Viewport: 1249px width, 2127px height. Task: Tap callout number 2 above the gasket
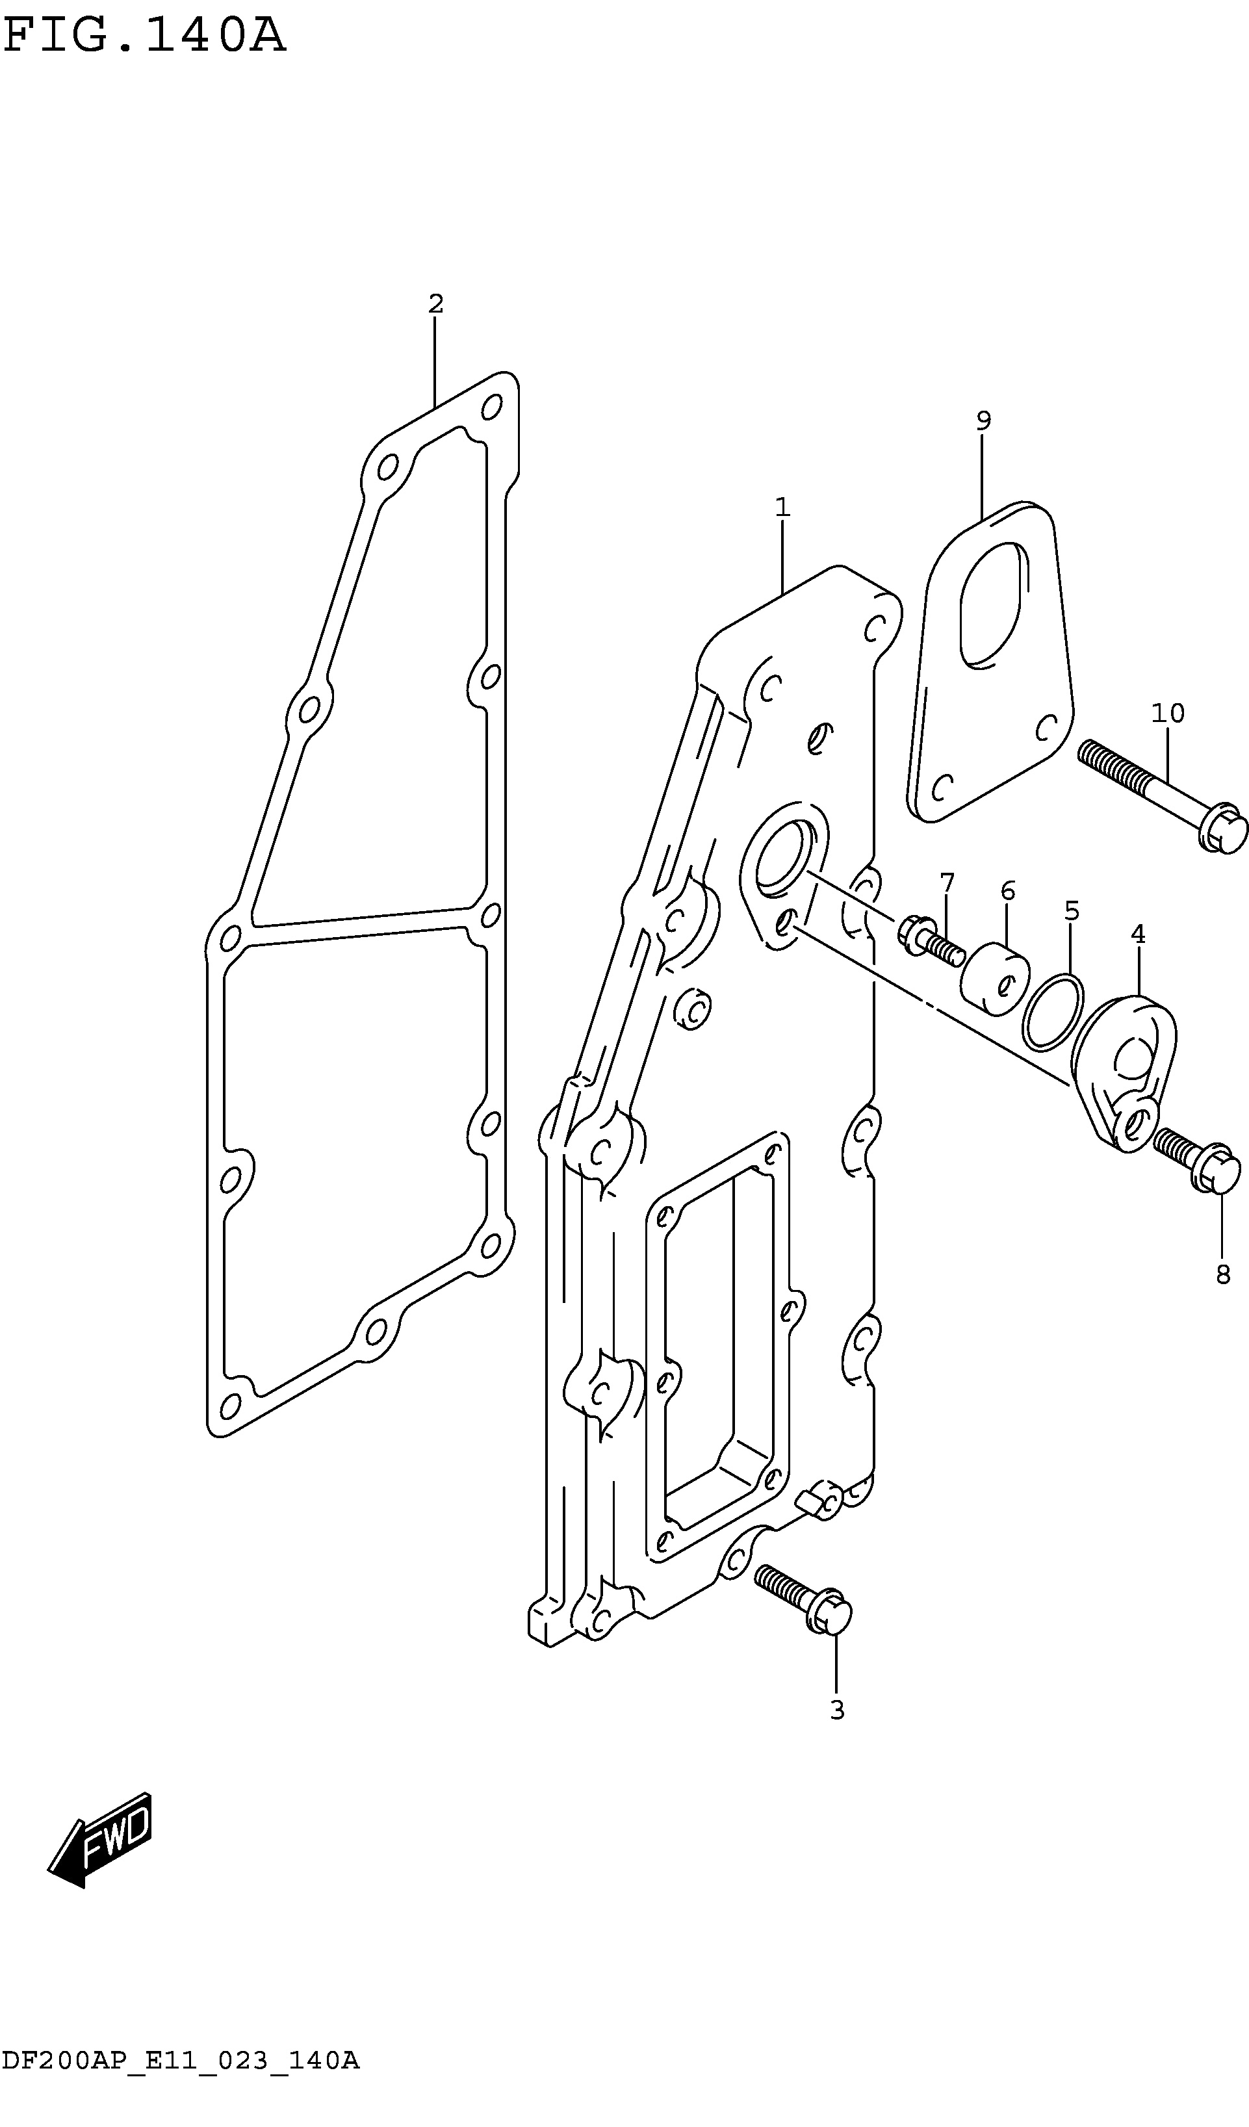[x=435, y=304]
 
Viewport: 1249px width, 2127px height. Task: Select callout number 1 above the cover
[x=782, y=508]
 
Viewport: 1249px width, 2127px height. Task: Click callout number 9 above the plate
[x=983, y=420]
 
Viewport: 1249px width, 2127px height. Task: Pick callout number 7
[x=947, y=883]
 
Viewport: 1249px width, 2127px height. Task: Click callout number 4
[x=1138, y=935]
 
